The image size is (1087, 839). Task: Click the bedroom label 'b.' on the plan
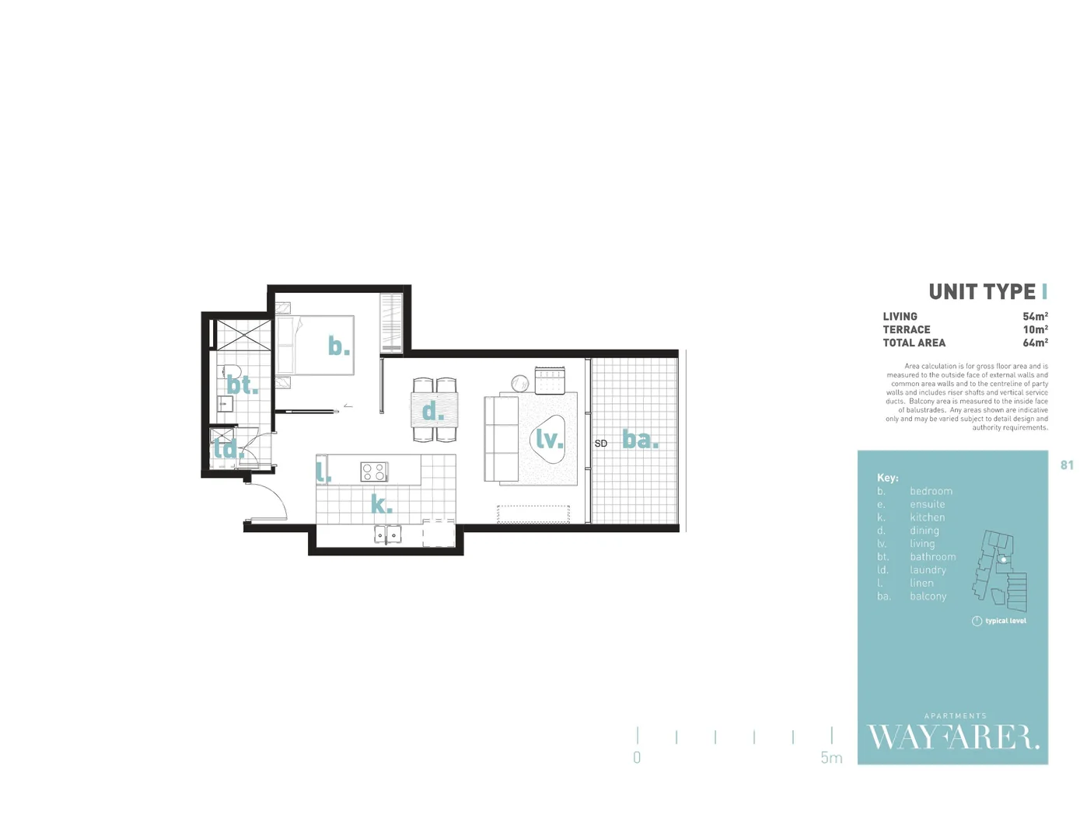point(338,346)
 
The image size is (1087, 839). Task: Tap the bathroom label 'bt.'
point(242,385)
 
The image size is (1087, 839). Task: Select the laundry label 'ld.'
point(228,448)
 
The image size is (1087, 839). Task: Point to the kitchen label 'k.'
point(381,504)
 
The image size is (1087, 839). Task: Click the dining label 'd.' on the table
point(433,411)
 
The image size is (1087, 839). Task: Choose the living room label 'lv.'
point(549,440)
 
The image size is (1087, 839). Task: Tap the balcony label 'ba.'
point(640,440)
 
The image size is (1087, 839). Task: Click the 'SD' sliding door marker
point(601,444)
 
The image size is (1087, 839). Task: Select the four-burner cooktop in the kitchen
point(374,472)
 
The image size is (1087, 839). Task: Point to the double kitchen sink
point(387,534)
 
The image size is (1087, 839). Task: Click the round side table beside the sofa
point(520,383)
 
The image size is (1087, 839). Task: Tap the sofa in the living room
point(502,439)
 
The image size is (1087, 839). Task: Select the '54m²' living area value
point(1035,317)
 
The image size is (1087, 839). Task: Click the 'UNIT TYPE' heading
point(982,292)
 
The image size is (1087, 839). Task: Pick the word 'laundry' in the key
point(928,570)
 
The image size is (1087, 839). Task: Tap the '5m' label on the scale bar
point(831,758)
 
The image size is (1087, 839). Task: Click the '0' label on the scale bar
point(637,758)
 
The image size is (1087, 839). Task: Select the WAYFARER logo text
point(952,737)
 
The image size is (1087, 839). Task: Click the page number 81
point(1067,465)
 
